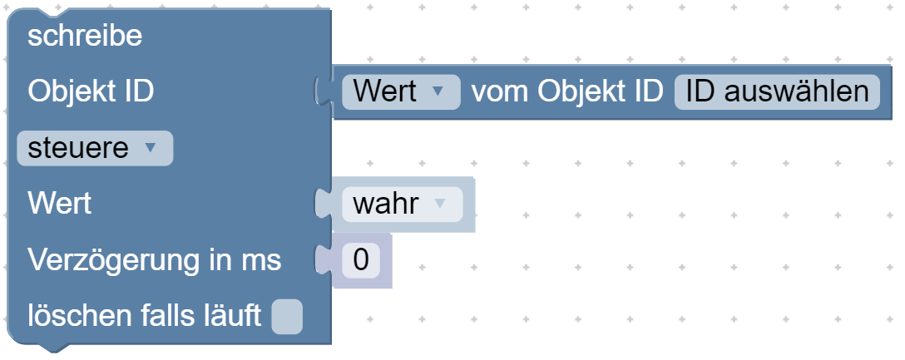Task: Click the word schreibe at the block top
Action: tap(85, 36)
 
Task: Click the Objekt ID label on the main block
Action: tap(91, 91)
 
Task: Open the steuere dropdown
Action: tap(95, 148)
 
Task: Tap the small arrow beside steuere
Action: tap(150, 148)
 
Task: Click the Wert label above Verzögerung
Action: tap(59, 203)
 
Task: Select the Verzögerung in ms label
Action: tap(155, 260)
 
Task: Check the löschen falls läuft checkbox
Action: tap(287, 316)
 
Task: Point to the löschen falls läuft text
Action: tap(144, 316)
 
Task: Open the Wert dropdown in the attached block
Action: tap(401, 91)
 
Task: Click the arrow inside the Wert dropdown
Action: tap(438, 91)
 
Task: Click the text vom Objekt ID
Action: tap(567, 91)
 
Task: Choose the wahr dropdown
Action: tap(403, 205)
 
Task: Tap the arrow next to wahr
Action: tap(440, 204)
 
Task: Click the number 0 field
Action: tap(361, 260)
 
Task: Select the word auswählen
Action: tap(796, 91)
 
